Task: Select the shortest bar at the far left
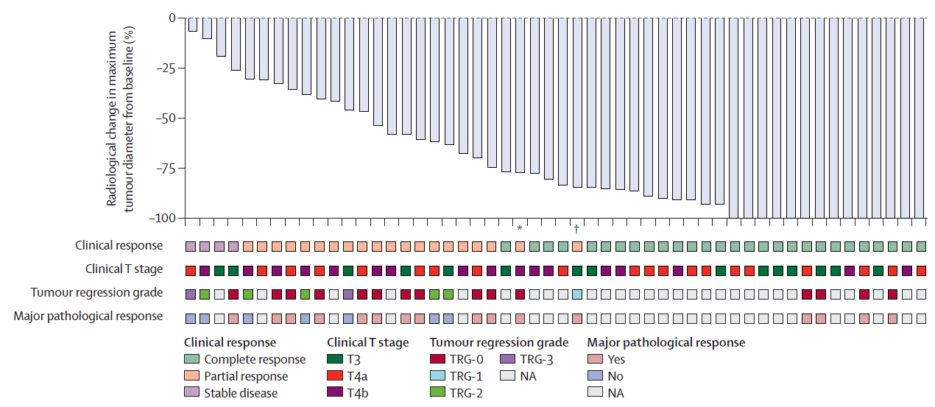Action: click(x=192, y=24)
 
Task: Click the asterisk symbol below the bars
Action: click(x=520, y=229)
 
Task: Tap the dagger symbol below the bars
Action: click(x=576, y=228)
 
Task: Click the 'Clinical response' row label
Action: click(x=119, y=245)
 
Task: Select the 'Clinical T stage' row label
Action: click(x=124, y=269)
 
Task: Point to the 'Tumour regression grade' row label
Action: click(x=96, y=293)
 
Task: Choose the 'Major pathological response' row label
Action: click(x=88, y=316)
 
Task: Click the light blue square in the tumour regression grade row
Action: click(x=577, y=294)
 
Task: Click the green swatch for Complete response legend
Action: click(x=191, y=360)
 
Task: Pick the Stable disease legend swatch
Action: click(x=191, y=392)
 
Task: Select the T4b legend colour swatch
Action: click(x=334, y=392)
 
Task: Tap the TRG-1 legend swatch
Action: click(x=437, y=376)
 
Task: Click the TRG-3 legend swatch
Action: click(x=507, y=360)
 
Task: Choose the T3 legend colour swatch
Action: click(x=334, y=360)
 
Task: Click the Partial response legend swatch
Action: click(x=191, y=376)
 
